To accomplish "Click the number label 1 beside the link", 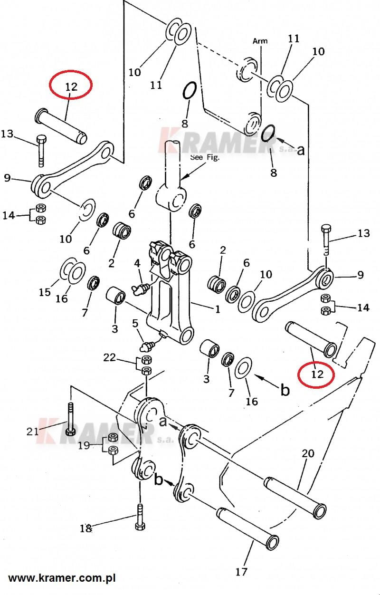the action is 218,309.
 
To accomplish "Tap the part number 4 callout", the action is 137,263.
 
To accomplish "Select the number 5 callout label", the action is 135,324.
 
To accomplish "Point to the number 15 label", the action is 45,292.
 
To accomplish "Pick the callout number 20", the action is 308,454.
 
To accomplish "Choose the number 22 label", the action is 109,357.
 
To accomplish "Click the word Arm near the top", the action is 260,41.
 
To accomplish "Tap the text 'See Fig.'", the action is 205,157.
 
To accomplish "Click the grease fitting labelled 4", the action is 140,288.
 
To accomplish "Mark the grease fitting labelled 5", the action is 147,346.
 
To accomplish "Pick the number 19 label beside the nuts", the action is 84,445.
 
